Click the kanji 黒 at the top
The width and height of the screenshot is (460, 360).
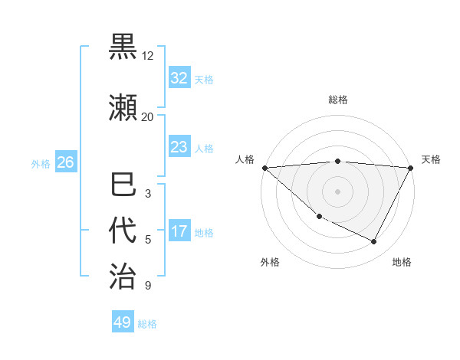pos(123,47)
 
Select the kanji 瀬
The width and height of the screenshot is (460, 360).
pos(123,108)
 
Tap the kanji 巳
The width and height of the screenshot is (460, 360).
pos(123,185)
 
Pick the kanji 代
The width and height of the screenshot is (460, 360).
pos(123,231)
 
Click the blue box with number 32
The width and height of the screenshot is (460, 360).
pos(179,78)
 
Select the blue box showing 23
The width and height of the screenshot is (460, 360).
pos(179,147)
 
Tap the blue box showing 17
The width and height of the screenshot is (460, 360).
pos(179,231)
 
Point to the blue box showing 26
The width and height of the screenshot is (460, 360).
pos(66,162)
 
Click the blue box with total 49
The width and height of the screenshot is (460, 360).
pos(123,322)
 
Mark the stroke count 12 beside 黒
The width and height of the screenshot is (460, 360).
pos(148,56)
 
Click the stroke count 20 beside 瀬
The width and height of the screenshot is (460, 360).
pos(148,116)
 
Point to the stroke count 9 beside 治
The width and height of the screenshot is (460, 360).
pos(148,286)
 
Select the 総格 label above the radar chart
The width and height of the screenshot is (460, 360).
pos(338,100)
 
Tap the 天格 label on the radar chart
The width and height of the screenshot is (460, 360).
pos(432,159)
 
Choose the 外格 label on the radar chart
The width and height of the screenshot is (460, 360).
pos(270,262)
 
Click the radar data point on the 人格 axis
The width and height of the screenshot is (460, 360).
pos(264,168)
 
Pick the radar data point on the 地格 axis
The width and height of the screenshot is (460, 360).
pos(374,241)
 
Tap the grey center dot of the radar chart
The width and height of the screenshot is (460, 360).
pos(337,191)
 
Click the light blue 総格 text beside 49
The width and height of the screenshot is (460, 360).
pos(147,324)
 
